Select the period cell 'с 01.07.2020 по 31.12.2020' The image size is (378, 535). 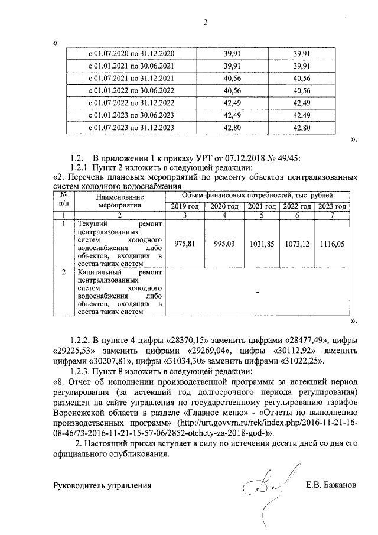(x=131, y=54)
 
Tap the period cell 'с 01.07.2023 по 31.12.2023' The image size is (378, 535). (x=131, y=127)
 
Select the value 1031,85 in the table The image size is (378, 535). (x=260, y=244)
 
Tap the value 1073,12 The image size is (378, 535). (x=296, y=244)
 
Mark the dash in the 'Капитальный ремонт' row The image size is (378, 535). (x=258, y=291)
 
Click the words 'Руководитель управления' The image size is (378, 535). (x=102, y=486)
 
